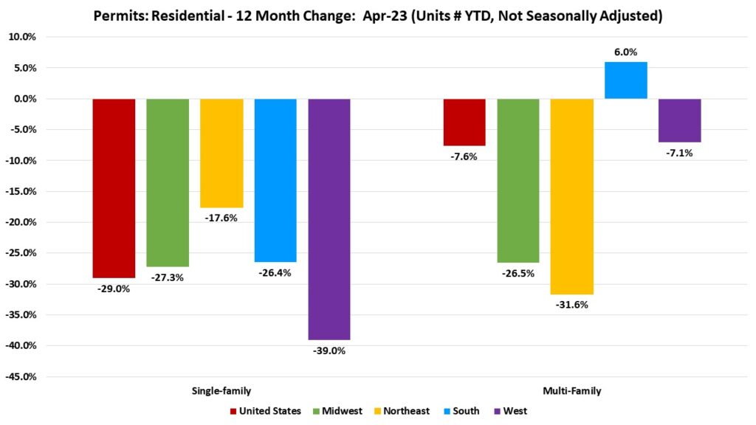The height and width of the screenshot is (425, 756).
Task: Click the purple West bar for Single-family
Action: [329, 219]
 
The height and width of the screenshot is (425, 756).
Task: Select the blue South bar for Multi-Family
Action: [626, 80]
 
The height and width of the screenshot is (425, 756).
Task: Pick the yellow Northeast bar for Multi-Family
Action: [572, 196]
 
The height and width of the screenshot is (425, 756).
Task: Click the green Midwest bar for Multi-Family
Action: [518, 181]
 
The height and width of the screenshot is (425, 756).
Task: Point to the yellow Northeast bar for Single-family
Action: [221, 153]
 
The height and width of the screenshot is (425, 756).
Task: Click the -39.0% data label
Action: [329, 350]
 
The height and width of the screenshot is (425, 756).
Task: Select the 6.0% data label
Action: [626, 52]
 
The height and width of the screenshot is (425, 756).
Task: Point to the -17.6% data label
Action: [221, 218]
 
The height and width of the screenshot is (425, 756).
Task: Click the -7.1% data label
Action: [680, 153]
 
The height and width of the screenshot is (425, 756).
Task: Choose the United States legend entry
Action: [265, 411]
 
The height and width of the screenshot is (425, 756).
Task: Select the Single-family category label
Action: [221, 390]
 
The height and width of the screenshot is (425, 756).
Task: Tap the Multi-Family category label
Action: [572, 390]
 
